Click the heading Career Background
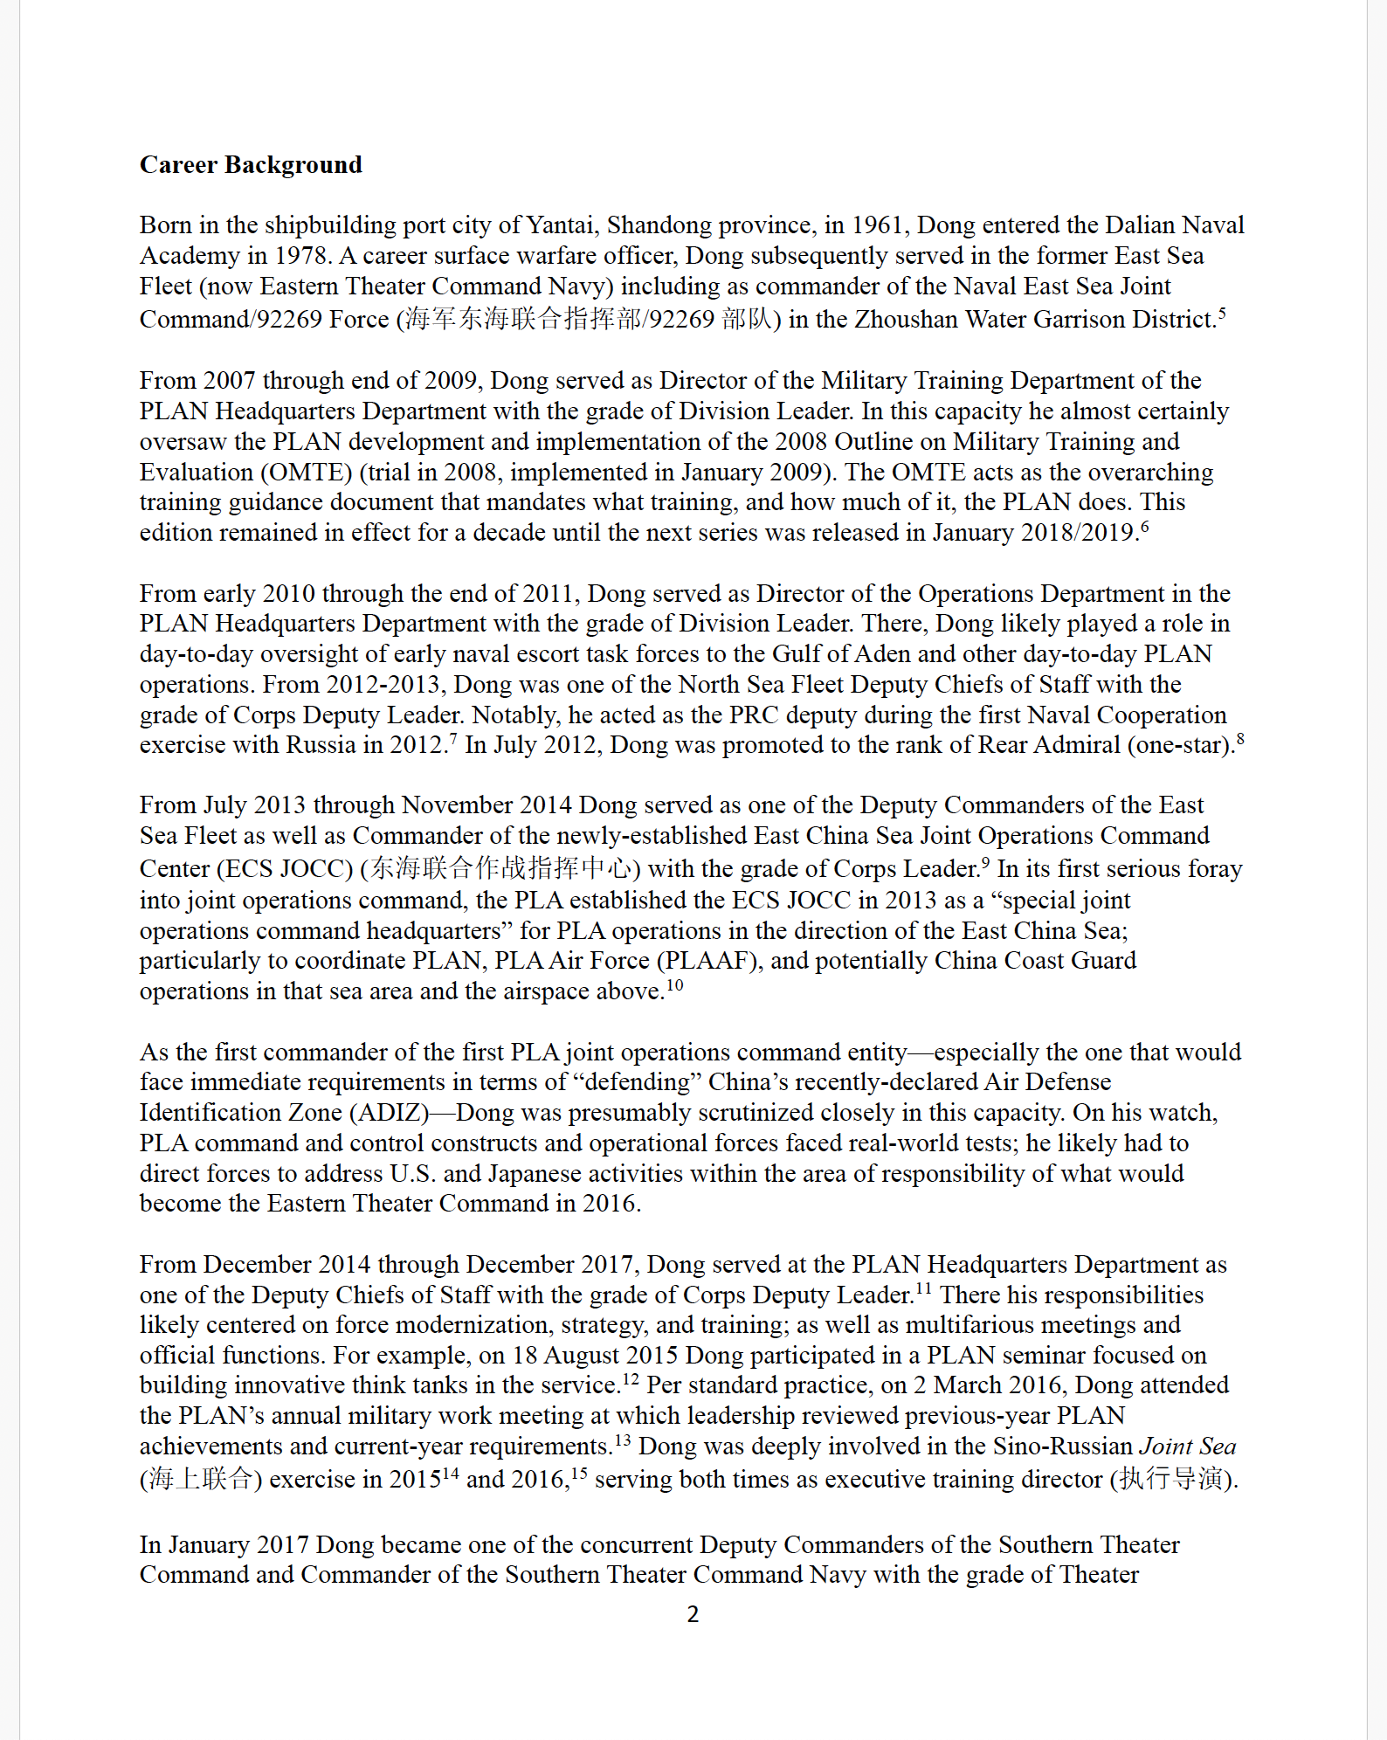tap(251, 165)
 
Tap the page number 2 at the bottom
tap(693, 1614)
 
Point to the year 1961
tap(876, 225)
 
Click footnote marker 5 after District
tap(1222, 313)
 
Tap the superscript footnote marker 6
tap(1144, 526)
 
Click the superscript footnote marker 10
tap(674, 985)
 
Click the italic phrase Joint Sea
tap(1188, 1447)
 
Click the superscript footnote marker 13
tap(622, 1440)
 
